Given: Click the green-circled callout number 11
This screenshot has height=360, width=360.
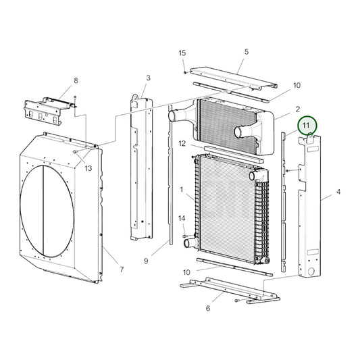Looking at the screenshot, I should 308,125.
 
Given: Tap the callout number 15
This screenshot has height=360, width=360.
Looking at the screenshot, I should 182,53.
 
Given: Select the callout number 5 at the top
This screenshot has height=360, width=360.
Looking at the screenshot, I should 247,51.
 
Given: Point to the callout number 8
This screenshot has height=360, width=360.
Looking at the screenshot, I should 76,80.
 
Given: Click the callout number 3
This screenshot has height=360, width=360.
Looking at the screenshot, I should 148,78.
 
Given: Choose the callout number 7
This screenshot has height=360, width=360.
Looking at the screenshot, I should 121,270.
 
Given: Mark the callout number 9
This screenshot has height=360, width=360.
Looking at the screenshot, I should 146,261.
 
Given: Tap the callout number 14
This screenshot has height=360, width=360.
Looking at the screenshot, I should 182,217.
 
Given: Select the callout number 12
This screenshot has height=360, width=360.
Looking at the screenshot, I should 182,143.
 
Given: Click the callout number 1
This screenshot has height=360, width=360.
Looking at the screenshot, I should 181,189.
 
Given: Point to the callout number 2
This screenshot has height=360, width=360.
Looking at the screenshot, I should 297,108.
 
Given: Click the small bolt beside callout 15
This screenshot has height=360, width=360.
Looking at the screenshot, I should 184,70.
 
